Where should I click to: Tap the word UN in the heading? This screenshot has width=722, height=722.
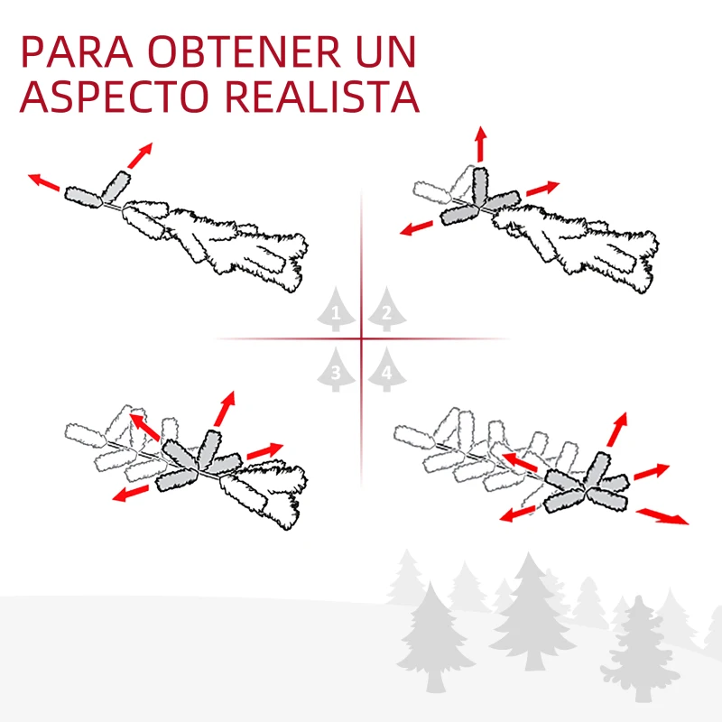[x=390, y=53]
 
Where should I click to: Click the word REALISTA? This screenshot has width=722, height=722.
[x=321, y=97]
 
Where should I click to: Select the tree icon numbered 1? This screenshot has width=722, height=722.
[x=337, y=310]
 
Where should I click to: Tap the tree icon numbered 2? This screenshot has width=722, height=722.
[x=386, y=310]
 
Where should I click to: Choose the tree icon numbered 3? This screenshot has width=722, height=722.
[x=337, y=369]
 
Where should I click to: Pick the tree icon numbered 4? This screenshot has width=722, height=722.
[x=386, y=369]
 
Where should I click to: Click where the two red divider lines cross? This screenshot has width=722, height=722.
[x=362, y=339]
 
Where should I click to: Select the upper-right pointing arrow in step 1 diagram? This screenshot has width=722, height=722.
[x=140, y=154]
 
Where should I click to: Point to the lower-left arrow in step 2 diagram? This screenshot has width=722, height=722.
[x=419, y=227]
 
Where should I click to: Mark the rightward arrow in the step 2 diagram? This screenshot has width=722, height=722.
[x=543, y=188]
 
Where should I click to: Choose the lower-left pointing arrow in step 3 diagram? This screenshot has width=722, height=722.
[x=131, y=493]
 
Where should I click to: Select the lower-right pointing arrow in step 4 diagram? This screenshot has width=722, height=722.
[x=662, y=515]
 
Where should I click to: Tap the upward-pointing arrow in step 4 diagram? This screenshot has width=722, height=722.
[x=616, y=430]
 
